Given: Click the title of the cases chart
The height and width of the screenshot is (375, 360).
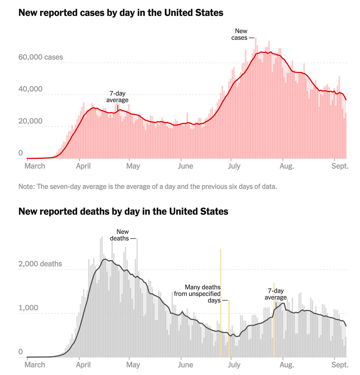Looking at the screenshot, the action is [121, 13].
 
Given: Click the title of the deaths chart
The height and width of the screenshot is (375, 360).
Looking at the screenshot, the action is [123, 212].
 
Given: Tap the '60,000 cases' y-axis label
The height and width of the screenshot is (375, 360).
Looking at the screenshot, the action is [41, 57].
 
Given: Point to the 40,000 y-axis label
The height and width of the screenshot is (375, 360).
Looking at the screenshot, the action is [30, 89].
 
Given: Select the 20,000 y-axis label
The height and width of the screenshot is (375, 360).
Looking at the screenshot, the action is [30, 121].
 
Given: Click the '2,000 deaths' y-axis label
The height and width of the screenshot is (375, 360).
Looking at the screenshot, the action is [40, 264].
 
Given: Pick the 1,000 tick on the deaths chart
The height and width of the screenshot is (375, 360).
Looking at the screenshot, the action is [28, 308].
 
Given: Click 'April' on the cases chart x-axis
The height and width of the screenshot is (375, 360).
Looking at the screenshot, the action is [83, 166].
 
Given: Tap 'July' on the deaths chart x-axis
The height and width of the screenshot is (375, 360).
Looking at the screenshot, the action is [234, 365].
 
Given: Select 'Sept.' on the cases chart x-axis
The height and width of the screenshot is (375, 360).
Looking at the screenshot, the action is [340, 166].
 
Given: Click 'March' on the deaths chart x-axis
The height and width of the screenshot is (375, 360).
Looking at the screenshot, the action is [35, 365].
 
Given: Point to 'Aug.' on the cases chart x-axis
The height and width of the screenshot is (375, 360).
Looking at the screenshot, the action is [287, 166].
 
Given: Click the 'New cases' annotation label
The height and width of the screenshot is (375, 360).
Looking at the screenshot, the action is [240, 35].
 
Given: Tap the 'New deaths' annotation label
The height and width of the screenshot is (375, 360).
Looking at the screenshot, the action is [120, 235].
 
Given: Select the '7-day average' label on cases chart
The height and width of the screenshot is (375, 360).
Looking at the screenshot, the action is [117, 97].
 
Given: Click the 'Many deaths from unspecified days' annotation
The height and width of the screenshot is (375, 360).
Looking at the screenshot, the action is [198, 294].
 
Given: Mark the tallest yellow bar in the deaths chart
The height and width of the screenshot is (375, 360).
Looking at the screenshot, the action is [221, 303].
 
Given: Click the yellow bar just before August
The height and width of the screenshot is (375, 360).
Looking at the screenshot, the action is [274, 320].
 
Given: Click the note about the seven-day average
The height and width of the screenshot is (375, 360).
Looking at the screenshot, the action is [148, 187].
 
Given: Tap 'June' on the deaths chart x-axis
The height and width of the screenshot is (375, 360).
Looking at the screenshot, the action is [185, 365].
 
